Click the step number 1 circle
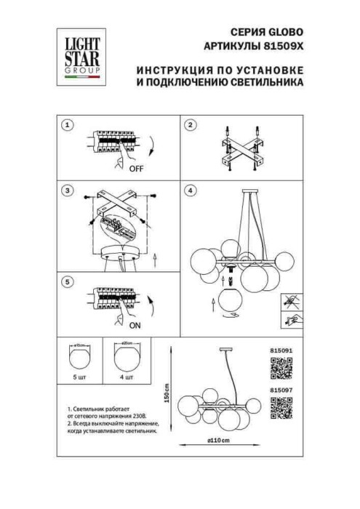(x=68, y=125)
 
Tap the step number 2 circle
(x=191, y=125)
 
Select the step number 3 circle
(x=68, y=192)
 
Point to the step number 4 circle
(x=191, y=192)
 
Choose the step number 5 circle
(x=68, y=281)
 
